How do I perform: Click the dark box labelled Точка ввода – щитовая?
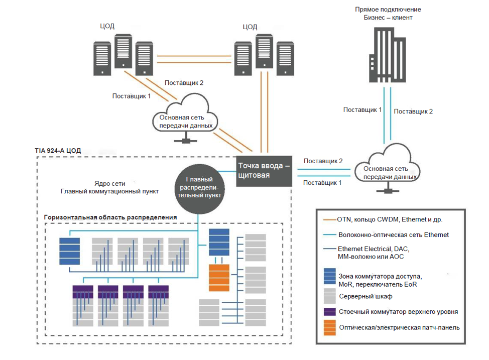(264, 171)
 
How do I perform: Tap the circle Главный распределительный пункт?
(200, 187)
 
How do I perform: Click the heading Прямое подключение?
(388, 9)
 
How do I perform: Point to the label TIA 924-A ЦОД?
(59, 151)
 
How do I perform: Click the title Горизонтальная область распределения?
(110, 217)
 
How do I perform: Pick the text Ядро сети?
(109, 183)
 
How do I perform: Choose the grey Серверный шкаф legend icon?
(330, 295)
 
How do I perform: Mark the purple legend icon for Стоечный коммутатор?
(330, 311)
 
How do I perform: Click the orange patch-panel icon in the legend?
(330, 327)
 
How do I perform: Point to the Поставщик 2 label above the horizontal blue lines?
(323, 161)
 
